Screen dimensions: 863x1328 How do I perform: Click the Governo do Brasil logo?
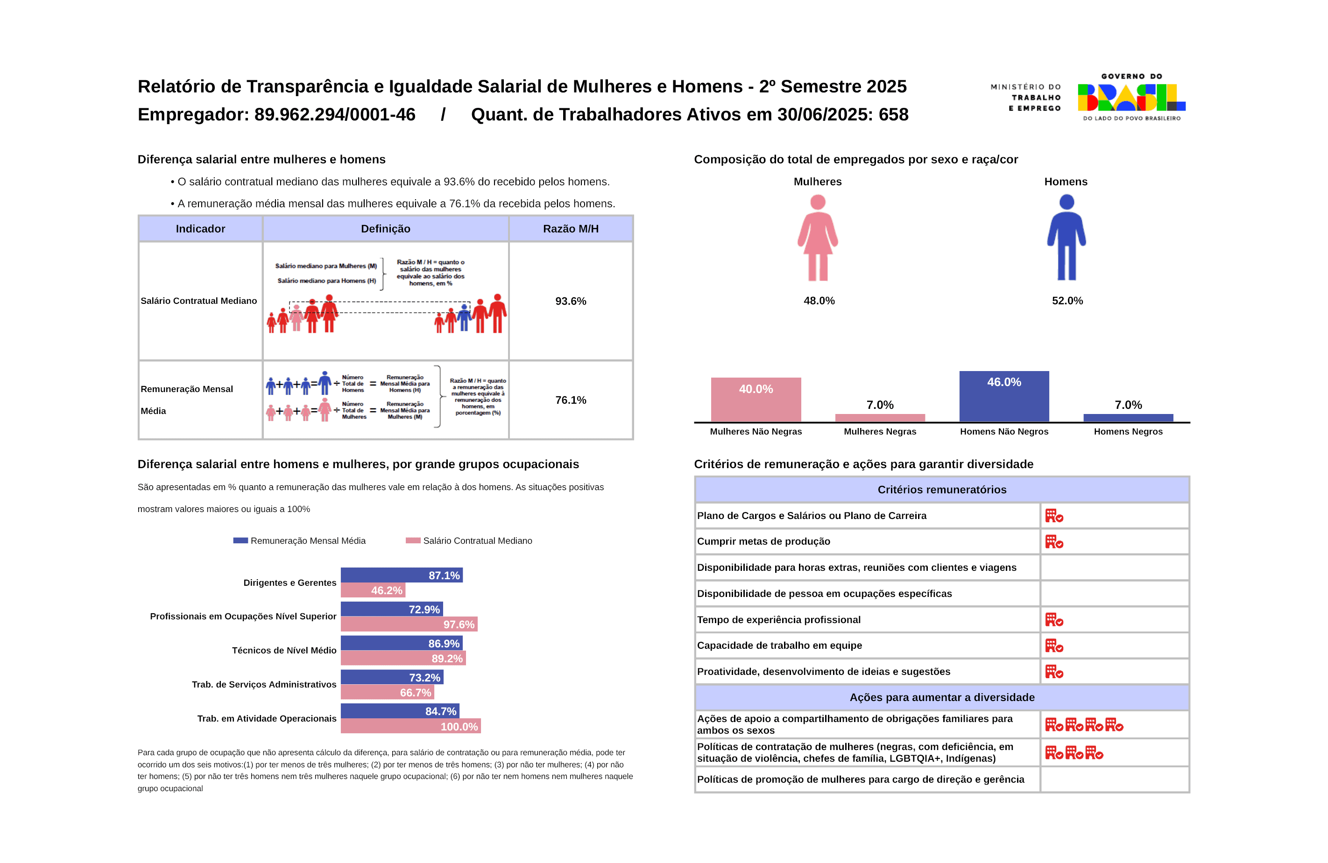click(x=1131, y=98)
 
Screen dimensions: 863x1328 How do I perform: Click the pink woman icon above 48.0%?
click(x=818, y=237)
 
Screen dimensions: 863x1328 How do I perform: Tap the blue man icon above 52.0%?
click(x=1067, y=237)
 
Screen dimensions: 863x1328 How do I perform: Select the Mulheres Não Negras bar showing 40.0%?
click(x=756, y=399)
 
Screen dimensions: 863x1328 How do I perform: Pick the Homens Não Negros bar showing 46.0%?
click(x=1004, y=396)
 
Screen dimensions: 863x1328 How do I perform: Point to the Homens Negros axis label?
click(x=1128, y=431)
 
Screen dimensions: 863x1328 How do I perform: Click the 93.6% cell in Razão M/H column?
click(x=570, y=301)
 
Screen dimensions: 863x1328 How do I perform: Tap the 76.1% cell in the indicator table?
click(x=570, y=400)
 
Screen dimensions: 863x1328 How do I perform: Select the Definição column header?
click(x=385, y=229)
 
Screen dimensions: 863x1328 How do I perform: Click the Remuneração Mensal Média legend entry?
click(x=300, y=540)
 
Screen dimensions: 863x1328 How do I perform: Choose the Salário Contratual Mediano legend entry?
click(x=469, y=540)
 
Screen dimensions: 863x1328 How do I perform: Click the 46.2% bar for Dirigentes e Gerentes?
click(x=373, y=590)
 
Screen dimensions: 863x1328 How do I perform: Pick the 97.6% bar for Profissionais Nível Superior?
click(x=409, y=624)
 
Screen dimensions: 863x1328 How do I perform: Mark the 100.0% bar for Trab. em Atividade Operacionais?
click(x=410, y=726)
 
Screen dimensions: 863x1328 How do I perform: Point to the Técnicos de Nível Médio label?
click(x=284, y=651)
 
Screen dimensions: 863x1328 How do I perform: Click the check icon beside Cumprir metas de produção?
click(x=1053, y=542)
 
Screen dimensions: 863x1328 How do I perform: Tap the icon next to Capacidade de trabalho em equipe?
click(x=1053, y=646)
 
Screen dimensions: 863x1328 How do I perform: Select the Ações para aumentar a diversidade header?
click(x=941, y=697)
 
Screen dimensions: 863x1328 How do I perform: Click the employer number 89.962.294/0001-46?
click(x=335, y=114)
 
